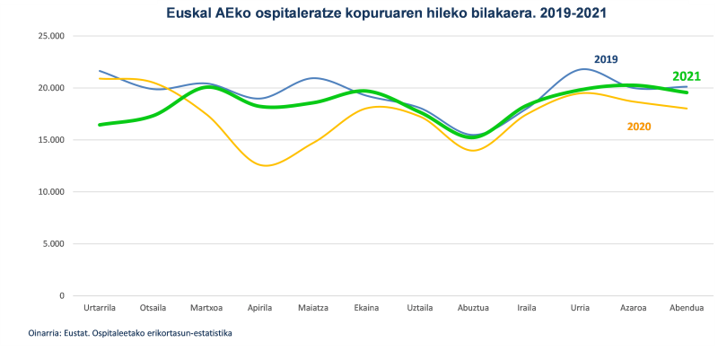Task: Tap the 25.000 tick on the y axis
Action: (50, 36)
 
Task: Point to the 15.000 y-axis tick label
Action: (50, 140)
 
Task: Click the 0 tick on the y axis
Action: (61, 295)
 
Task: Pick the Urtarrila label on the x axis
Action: (99, 308)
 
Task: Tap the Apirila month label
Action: (259, 308)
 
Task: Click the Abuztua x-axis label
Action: (473, 308)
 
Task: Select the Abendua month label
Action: (687, 308)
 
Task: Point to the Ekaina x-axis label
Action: (366, 308)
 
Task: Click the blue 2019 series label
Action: (606, 59)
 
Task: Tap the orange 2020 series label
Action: (638, 127)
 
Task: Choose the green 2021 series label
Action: (686, 76)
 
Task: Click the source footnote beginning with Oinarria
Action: (131, 333)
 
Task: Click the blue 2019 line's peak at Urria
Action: (583, 69)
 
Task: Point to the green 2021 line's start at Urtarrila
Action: (100, 125)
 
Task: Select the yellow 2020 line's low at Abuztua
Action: (473, 150)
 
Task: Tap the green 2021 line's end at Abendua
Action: (687, 92)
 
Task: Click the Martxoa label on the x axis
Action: (206, 308)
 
